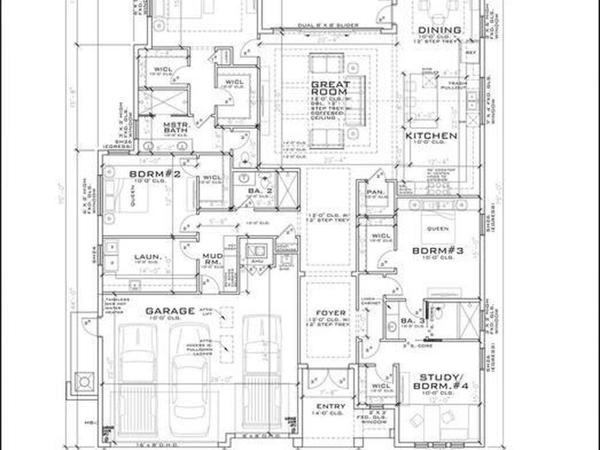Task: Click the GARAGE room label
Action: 170,311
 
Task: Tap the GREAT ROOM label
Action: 330,88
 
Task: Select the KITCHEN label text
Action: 431,136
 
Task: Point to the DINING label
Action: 439,30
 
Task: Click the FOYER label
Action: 330,313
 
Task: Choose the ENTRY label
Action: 330,406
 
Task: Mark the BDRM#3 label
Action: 438,251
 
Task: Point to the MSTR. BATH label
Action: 159,128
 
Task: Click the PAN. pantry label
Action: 374,192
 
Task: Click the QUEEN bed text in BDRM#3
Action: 438,229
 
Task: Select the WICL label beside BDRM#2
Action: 212,178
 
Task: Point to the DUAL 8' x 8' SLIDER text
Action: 328,26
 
